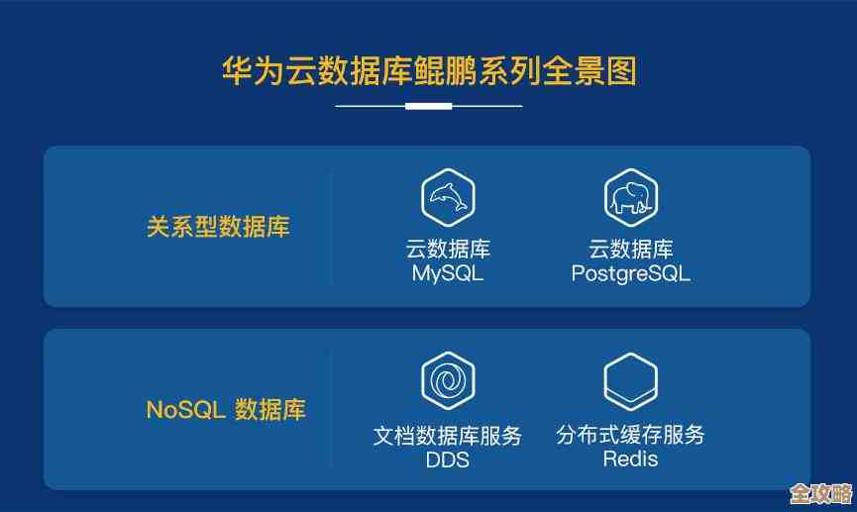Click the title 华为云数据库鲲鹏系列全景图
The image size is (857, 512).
[x=428, y=71]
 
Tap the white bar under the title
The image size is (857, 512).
[x=428, y=105]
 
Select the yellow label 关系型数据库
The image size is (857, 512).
[x=218, y=227]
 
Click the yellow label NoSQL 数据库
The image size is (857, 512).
[x=226, y=409]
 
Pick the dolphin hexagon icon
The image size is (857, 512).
[x=448, y=197]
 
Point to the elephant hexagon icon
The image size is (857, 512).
[x=631, y=197]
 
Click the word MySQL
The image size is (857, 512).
[x=448, y=274]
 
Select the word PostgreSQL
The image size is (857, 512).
[x=631, y=274]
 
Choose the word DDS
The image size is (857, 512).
[x=448, y=460]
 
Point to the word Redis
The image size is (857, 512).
[x=631, y=460]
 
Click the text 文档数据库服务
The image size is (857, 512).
[x=448, y=435]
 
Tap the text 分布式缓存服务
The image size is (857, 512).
[x=631, y=435]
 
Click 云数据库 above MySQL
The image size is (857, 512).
[x=448, y=249]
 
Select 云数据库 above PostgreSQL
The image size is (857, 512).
[x=631, y=249]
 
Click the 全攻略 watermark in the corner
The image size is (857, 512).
[x=821, y=492]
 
